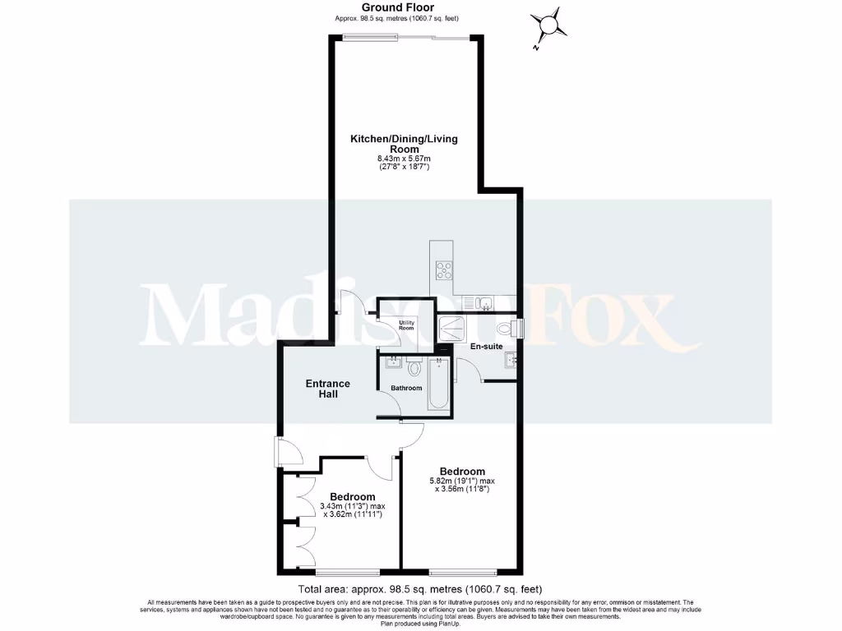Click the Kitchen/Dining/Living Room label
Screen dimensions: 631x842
pyautogui.click(x=404, y=144)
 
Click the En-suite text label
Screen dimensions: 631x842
pyautogui.click(x=486, y=347)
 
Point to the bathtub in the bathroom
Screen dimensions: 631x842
pyautogui.click(x=437, y=385)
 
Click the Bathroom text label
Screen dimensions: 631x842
pyautogui.click(x=406, y=388)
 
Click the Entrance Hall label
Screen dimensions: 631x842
pyautogui.click(x=328, y=389)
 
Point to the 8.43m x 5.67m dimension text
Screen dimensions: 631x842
pyautogui.click(x=404, y=159)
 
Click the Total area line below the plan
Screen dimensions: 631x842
pyautogui.click(x=420, y=589)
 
